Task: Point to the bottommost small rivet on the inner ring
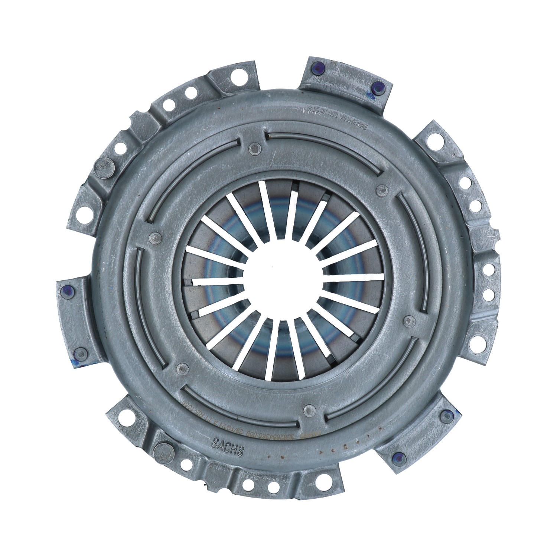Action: [308, 409]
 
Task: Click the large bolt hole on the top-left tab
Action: [235, 78]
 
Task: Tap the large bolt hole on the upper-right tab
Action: [433, 141]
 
